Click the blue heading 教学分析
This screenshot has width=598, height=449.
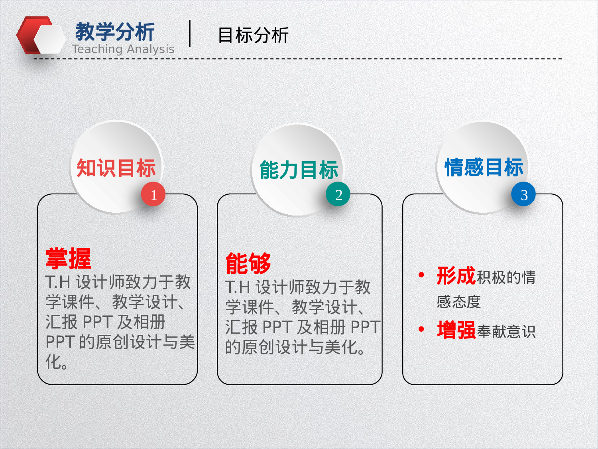coord(115,32)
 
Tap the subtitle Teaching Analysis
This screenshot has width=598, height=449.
coord(123,49)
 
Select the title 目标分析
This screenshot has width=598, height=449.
coord(253,35)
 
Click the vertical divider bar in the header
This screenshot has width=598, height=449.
coord(190,34)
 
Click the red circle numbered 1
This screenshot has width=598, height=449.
coord(153,194)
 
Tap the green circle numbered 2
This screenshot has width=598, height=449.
coord(338,194)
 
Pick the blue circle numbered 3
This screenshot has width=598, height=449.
coord(523,194)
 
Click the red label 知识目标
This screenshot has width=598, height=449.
coord(116,168)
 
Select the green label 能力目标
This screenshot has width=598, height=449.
coord(299,170)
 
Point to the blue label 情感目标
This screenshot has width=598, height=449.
coord(484,167)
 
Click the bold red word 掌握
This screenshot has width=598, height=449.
coord(68,258)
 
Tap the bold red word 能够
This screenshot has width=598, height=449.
coord(248,263)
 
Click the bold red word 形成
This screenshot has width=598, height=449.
coord(456,276)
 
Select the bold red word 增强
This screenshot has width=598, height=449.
coord(456,330)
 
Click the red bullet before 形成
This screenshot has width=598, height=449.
coord(421,275)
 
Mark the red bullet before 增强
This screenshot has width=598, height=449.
coord(421,329)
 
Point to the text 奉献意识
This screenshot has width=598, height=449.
coord(506,331)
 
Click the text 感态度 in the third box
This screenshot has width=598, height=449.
coord(458,302)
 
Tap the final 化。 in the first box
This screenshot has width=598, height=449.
coord(56,362)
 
